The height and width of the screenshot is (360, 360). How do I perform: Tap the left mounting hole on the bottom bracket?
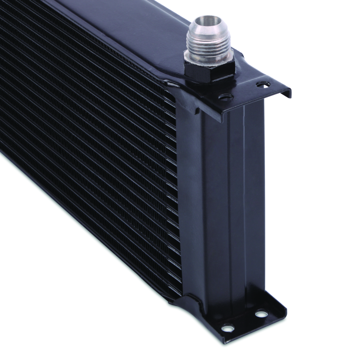point(229,328)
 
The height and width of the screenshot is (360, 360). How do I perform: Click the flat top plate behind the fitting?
point(148,27)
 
